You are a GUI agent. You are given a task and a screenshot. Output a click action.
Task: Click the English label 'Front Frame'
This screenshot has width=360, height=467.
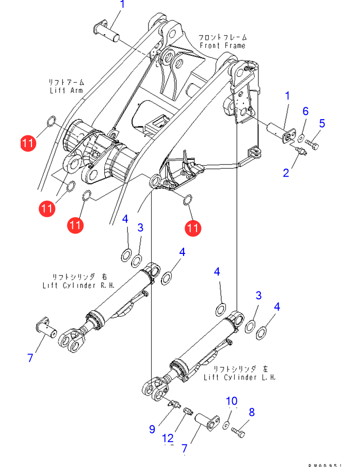click(223, 45)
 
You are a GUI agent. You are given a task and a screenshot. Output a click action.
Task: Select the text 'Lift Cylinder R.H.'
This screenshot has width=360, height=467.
click(79, 285)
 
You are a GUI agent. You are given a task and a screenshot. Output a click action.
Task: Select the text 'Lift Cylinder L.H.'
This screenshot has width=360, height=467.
click(240, 377)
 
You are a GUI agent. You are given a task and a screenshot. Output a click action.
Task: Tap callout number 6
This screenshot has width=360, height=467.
click(305, 111)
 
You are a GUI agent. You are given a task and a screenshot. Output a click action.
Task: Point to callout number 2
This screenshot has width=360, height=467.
click(286, 172)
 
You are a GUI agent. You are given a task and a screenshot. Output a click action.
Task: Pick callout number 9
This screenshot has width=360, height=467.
click(152, 428)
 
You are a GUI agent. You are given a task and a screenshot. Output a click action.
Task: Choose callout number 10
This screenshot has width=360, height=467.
click(232, 401)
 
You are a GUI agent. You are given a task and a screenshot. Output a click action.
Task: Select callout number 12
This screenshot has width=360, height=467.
click(168, 438)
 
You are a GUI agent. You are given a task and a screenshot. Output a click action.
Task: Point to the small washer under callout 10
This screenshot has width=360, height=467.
click(226, 425)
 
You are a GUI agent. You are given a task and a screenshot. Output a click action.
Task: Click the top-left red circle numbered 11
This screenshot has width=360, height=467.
click(29, 143)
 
